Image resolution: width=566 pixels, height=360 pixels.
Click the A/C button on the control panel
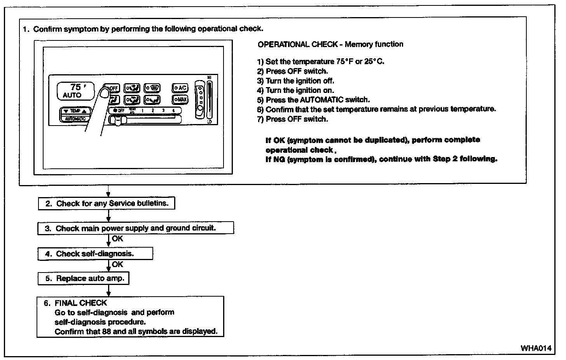pos(180,88)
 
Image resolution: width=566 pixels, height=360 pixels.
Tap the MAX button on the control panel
pos(180,100)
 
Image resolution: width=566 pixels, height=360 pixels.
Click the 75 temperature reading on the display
pos(75,87)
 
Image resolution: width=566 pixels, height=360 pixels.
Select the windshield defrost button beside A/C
pos(152,88)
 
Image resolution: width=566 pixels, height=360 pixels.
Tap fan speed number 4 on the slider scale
pos(173,110)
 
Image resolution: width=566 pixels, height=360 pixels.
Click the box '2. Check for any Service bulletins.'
pos(106,204)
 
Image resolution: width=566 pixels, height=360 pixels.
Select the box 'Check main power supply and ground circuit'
pos(136,228)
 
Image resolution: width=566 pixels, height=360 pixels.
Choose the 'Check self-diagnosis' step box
pos(95,254)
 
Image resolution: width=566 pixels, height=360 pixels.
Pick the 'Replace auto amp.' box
pos(83,278)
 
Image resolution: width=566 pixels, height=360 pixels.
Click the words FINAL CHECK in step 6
pos(81,303)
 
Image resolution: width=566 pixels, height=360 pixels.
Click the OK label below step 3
pos(117,239)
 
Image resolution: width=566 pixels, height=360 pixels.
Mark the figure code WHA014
pos(536,348)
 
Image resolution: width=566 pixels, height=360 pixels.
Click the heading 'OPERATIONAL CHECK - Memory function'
pos(330,44)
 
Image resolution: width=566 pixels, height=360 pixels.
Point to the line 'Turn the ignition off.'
pos(300,81)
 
